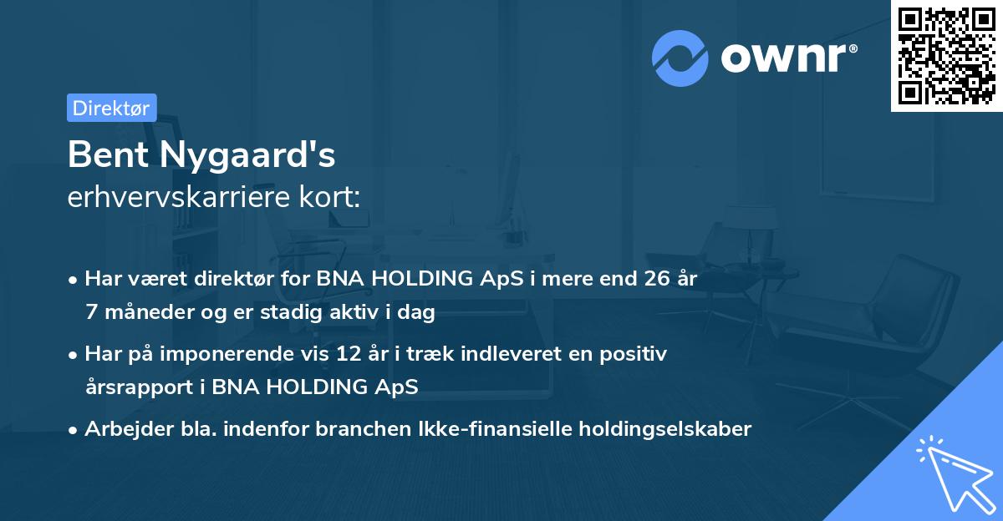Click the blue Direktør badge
111,108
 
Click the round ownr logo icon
680,58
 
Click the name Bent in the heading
104,154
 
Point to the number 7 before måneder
91,312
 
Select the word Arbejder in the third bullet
121,429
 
